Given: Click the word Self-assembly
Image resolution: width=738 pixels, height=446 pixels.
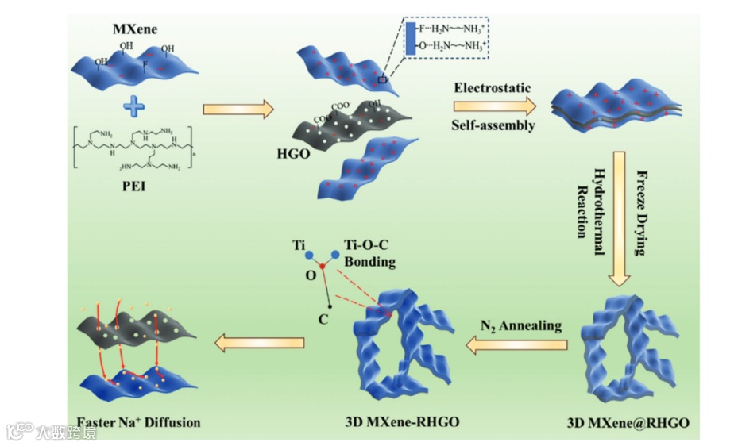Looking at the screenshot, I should tap(493, 125).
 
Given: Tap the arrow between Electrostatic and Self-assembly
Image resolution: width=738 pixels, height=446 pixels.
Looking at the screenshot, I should tap(493, 106).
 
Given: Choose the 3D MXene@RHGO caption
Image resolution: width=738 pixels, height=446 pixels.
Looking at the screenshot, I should tap(629, 423).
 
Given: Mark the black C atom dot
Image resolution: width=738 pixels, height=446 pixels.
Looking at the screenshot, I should tap(330, 306).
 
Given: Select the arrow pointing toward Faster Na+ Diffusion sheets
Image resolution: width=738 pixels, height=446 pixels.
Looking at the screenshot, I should tap(261, 342).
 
